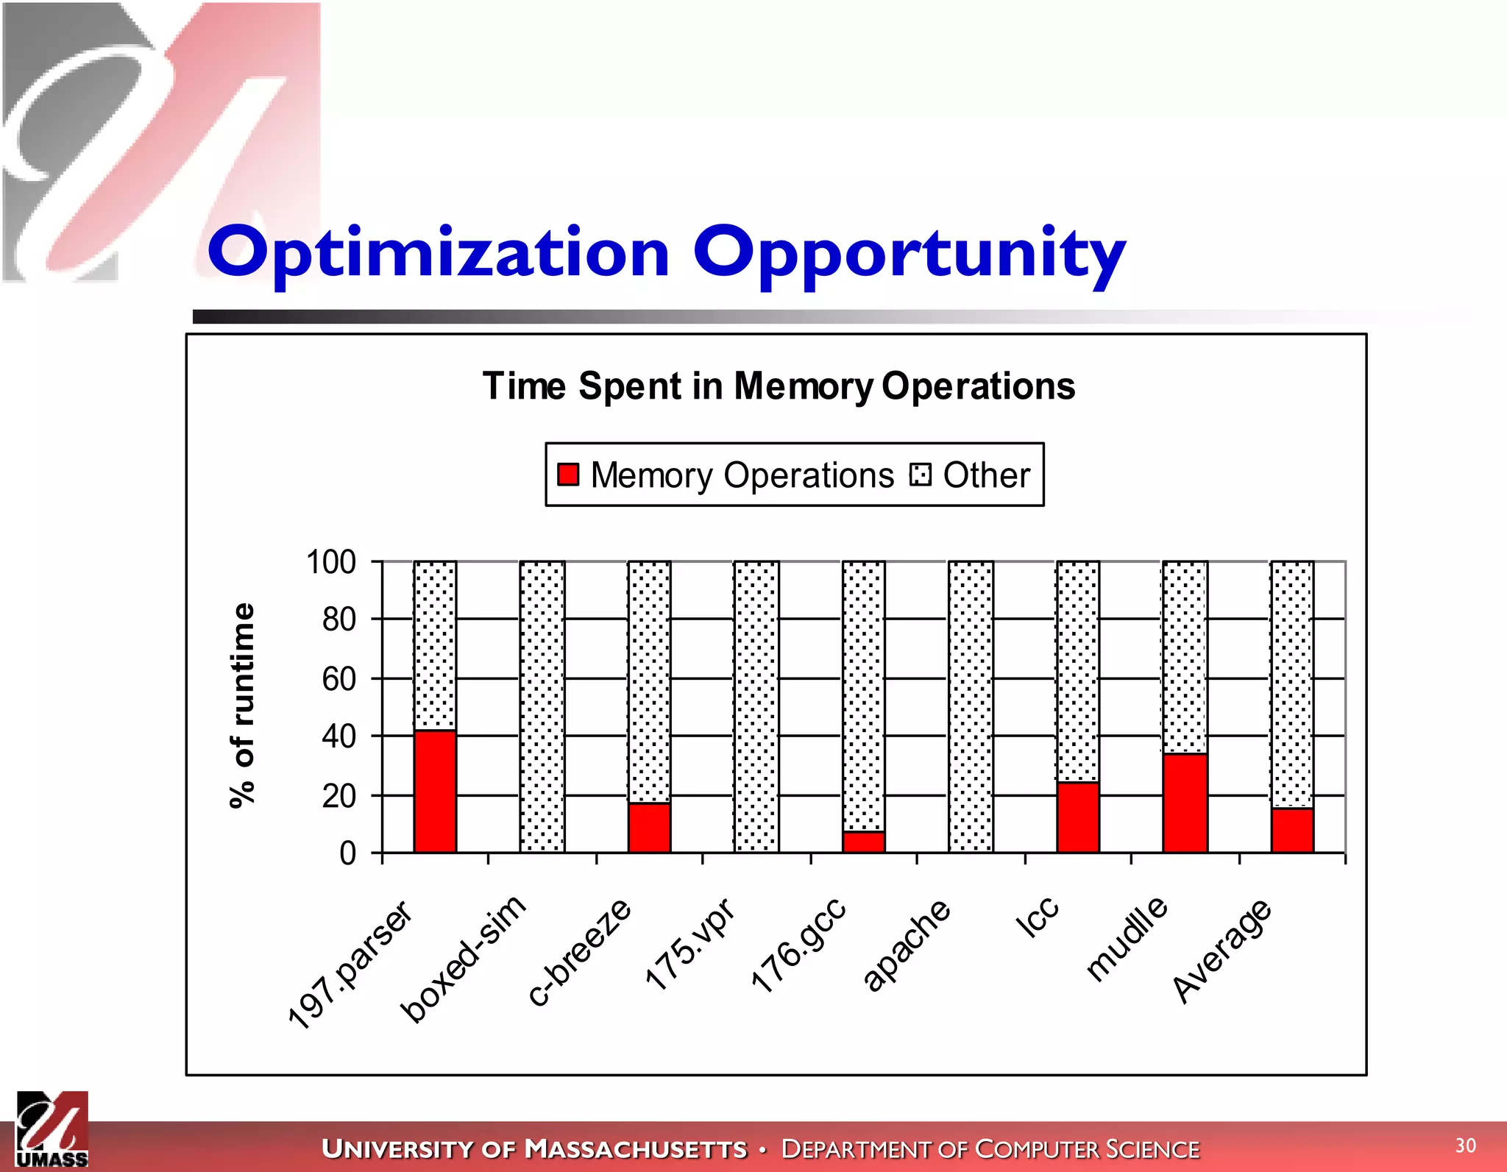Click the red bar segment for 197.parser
coord(435,792)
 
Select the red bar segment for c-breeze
coord(649,828)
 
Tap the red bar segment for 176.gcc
coord(864,842)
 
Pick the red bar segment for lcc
coord(1078,817)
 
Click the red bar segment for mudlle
coord(1185,803)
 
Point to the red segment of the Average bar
coord(1292,831)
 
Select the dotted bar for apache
coord(971,706)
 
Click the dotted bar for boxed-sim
coord(542,706)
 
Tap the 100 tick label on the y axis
coord(331,562)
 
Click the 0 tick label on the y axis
coord(347,853)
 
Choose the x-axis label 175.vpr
coord(689,945)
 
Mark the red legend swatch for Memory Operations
coord(568,475)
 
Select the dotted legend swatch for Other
coord(920,475)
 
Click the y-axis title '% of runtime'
coord(242,706)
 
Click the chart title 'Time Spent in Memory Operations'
coord(779,386)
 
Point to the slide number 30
coord(1465,1145)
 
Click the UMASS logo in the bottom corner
coord(52,1130)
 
